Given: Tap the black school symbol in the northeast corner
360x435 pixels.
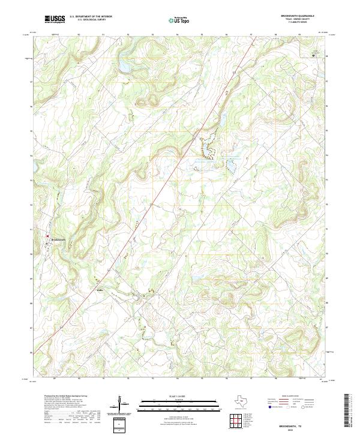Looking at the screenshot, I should coord(313,55).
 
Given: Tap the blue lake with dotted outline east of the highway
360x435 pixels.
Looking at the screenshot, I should coord(230,165).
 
